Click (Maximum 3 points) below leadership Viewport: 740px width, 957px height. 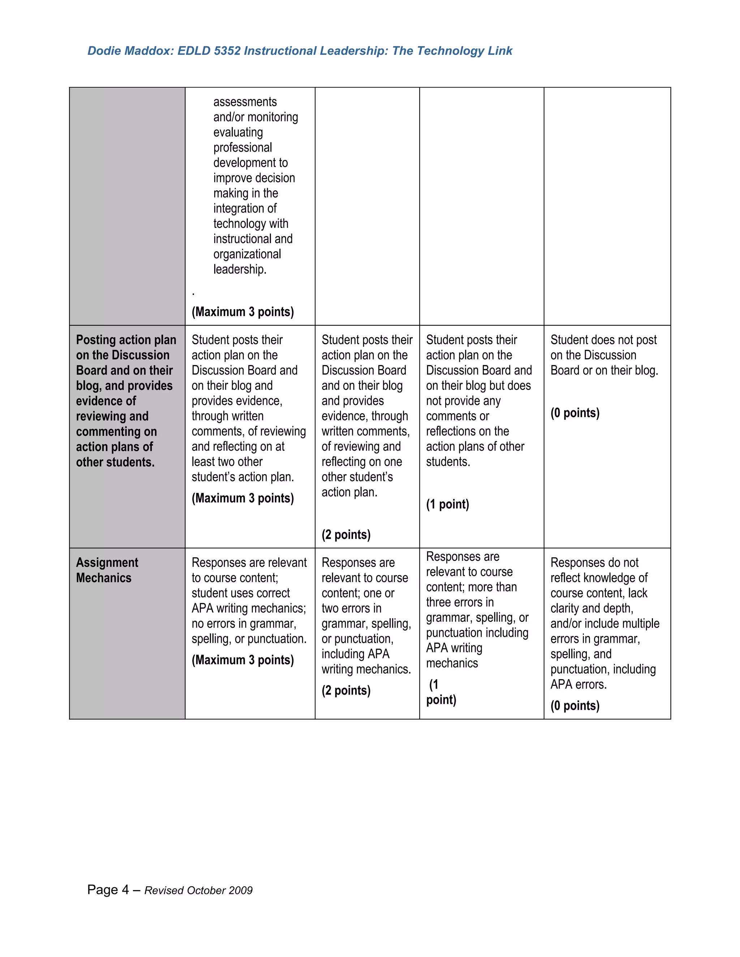pyautogui.click(x=242, y=312)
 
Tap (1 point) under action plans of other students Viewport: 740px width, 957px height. pyautogui.click(x=447, y=505)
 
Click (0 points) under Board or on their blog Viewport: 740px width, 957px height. pyautogui.click(x=575, y=413)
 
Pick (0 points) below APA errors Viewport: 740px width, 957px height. pyautogui.click(x=575, y=706)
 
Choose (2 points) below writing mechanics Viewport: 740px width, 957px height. pyautogui.click(x=346, y=690)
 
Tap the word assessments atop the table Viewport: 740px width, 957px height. pyautogui.click(x=245, y=102)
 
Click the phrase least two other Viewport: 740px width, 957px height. pyautogui.click(x=227, y=462)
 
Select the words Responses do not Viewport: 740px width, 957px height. pyautogui.click(x=594, y=563)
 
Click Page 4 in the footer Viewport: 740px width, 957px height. pyautogui.click(x=108, y=890)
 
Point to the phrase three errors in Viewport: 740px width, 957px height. pyautogui.click(x=460, y=602)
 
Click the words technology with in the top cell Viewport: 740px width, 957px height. pyautogui.click(x=250, y=224)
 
